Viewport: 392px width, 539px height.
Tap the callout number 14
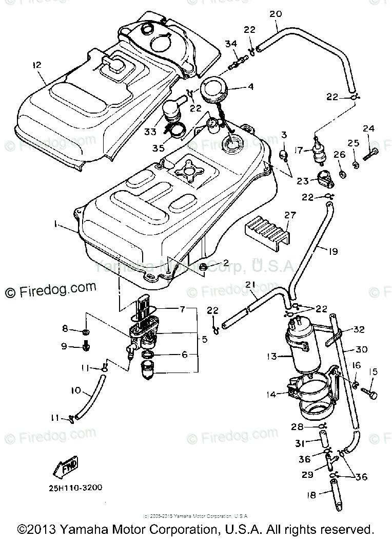tap(271, 395)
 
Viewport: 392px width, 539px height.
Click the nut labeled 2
tap(204, 266)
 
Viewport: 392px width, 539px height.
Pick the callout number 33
tap(150, 132)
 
